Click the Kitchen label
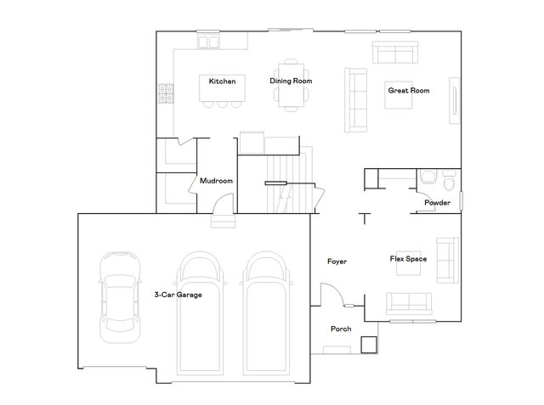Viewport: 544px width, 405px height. [222, 81]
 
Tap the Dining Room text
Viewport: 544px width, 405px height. [291, 81]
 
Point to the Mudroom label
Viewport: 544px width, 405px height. [216, 181]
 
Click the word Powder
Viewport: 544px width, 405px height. [437, 202]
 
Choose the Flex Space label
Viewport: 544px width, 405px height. [407, 258]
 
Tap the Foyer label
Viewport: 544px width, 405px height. [337, 261]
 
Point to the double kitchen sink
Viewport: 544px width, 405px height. [208, 40]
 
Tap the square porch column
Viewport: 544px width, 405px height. [367, 344]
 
